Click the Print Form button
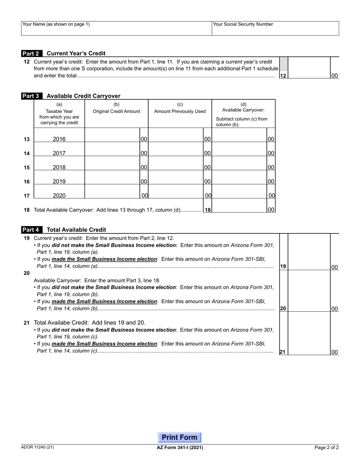click(x=180, y=438)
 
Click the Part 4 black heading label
click(x=30, y=230)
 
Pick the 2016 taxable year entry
click(x=59, y=139)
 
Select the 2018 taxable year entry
click(x=59, y=167)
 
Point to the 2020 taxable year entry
click(x=59, y=196)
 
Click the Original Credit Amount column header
click(x=116, y=111)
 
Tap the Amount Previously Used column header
click(x=180, y=111)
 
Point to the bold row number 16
click(x=27, y=182)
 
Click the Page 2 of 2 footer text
click(x=327, y=447)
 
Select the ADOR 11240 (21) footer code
click(x=38, y=447)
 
